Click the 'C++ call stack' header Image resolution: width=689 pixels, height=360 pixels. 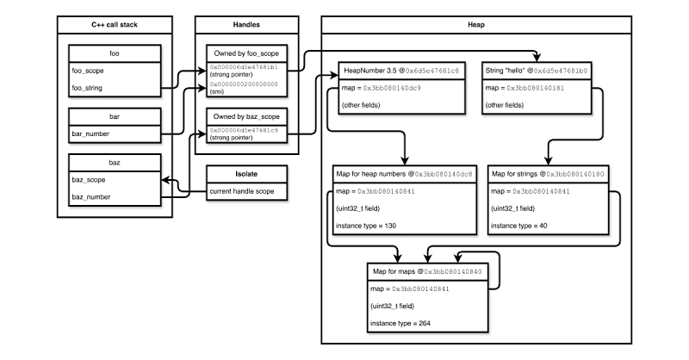(x=115, y=25)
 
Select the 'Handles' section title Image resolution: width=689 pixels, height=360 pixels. (x=246, y=25)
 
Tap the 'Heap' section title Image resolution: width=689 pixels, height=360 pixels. (x=476, y=25)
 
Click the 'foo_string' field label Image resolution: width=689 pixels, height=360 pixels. (x=87, y=88)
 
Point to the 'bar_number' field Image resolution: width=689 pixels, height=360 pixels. (x=90, y=133)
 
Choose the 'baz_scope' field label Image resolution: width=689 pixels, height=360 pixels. (x=89, y=180)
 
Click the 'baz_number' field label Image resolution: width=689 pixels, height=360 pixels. (x=91, y=197)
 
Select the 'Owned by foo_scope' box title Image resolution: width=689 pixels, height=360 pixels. (x=246, y=53)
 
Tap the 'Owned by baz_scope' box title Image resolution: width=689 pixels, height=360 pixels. (x=246, y=116)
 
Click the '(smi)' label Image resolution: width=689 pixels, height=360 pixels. (x=217, y=92)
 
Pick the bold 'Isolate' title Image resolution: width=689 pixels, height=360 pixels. (x=246, y=174)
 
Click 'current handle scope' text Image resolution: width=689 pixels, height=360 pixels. (x=242, y=191)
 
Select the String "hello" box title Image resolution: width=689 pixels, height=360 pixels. (x=505, y=71)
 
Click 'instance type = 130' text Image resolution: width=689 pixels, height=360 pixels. (x=366, y=226)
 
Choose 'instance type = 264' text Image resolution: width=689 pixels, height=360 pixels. (x=400, y=324)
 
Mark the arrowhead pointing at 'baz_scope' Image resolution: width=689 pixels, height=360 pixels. (x=165, y=180)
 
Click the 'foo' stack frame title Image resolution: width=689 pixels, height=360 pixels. (x=115, y=53)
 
